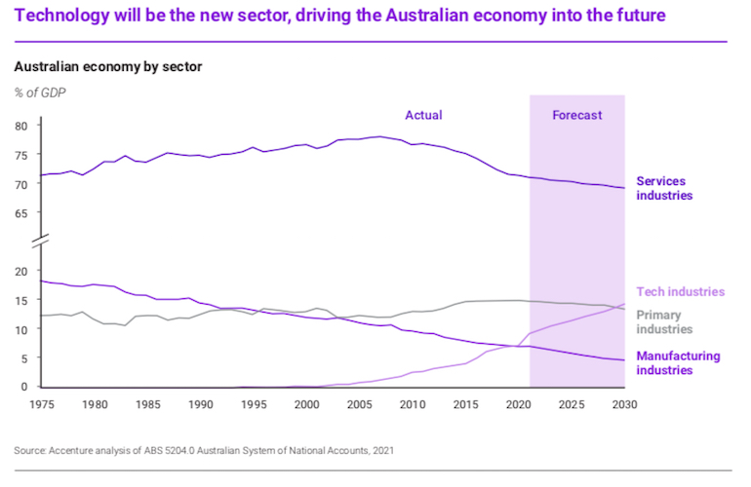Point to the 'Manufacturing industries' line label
click(x=678, y=362)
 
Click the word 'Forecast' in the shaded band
click(x=576, y=115)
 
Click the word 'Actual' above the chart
click(x=423, y=115)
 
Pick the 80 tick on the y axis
click(x=20, y=126)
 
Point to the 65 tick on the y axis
click(x=20, y=212)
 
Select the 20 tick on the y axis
click(x=20, y=272)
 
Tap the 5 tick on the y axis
click(x=23, y=358)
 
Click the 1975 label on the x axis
click(x=41, y=403)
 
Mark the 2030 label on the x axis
click(x=624, y=403)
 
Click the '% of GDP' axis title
click(x=40, y=93)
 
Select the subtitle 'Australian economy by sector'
click(x=107, y=68)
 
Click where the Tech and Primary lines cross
click(x=616, y=307)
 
